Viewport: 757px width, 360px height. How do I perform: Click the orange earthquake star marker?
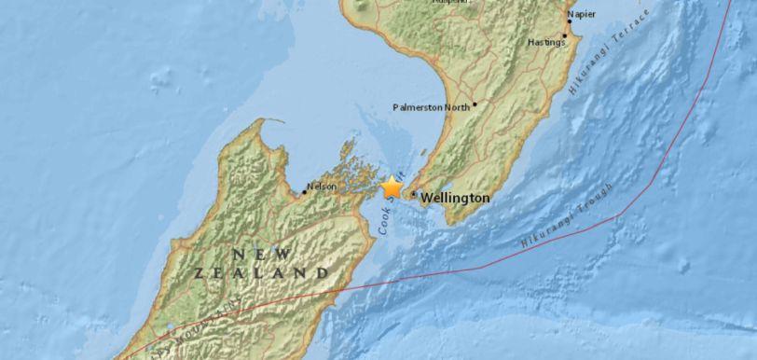coord(392,187)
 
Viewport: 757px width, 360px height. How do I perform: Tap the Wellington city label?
coord(455,199)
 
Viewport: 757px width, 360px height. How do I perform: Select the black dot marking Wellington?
coord(413,194)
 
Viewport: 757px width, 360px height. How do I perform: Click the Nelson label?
coord(322,187)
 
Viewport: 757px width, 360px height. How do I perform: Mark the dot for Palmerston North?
coord(475,104)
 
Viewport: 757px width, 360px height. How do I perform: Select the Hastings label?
coord(546,42)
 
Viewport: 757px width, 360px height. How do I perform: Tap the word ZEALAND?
coord(262,273)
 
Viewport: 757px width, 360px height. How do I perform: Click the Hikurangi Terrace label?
coord(600,62)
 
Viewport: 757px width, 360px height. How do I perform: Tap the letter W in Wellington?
coord(427,199)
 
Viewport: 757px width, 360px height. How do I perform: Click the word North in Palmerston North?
coord(456,107)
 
